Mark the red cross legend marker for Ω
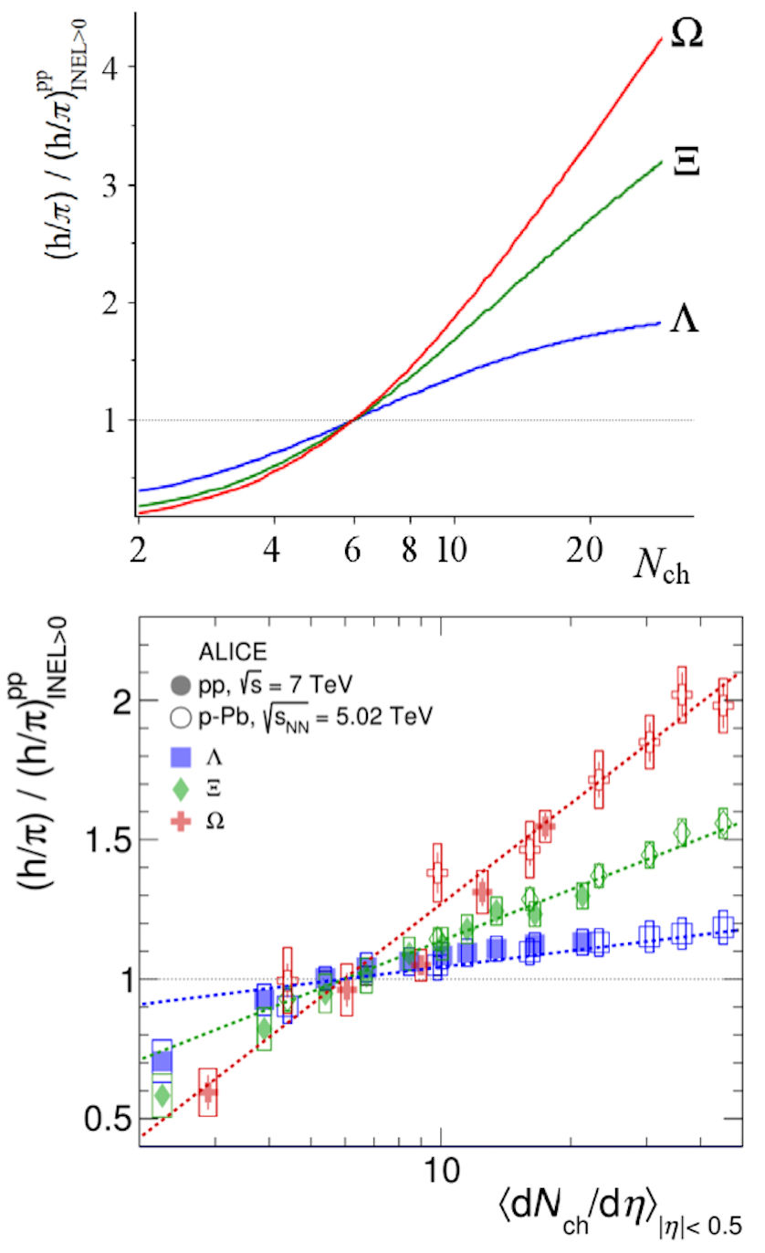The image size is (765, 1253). point(181,821)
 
